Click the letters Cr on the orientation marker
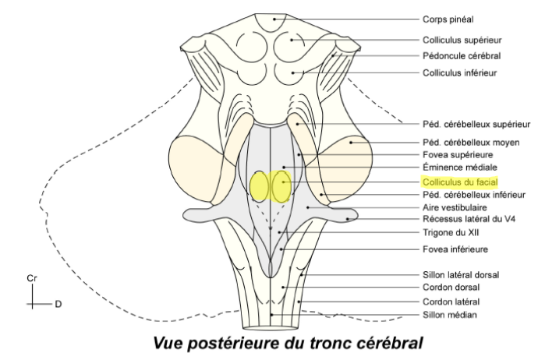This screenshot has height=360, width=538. click(x=31, y=278)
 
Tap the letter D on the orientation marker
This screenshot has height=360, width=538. click(x=57, y=304)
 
